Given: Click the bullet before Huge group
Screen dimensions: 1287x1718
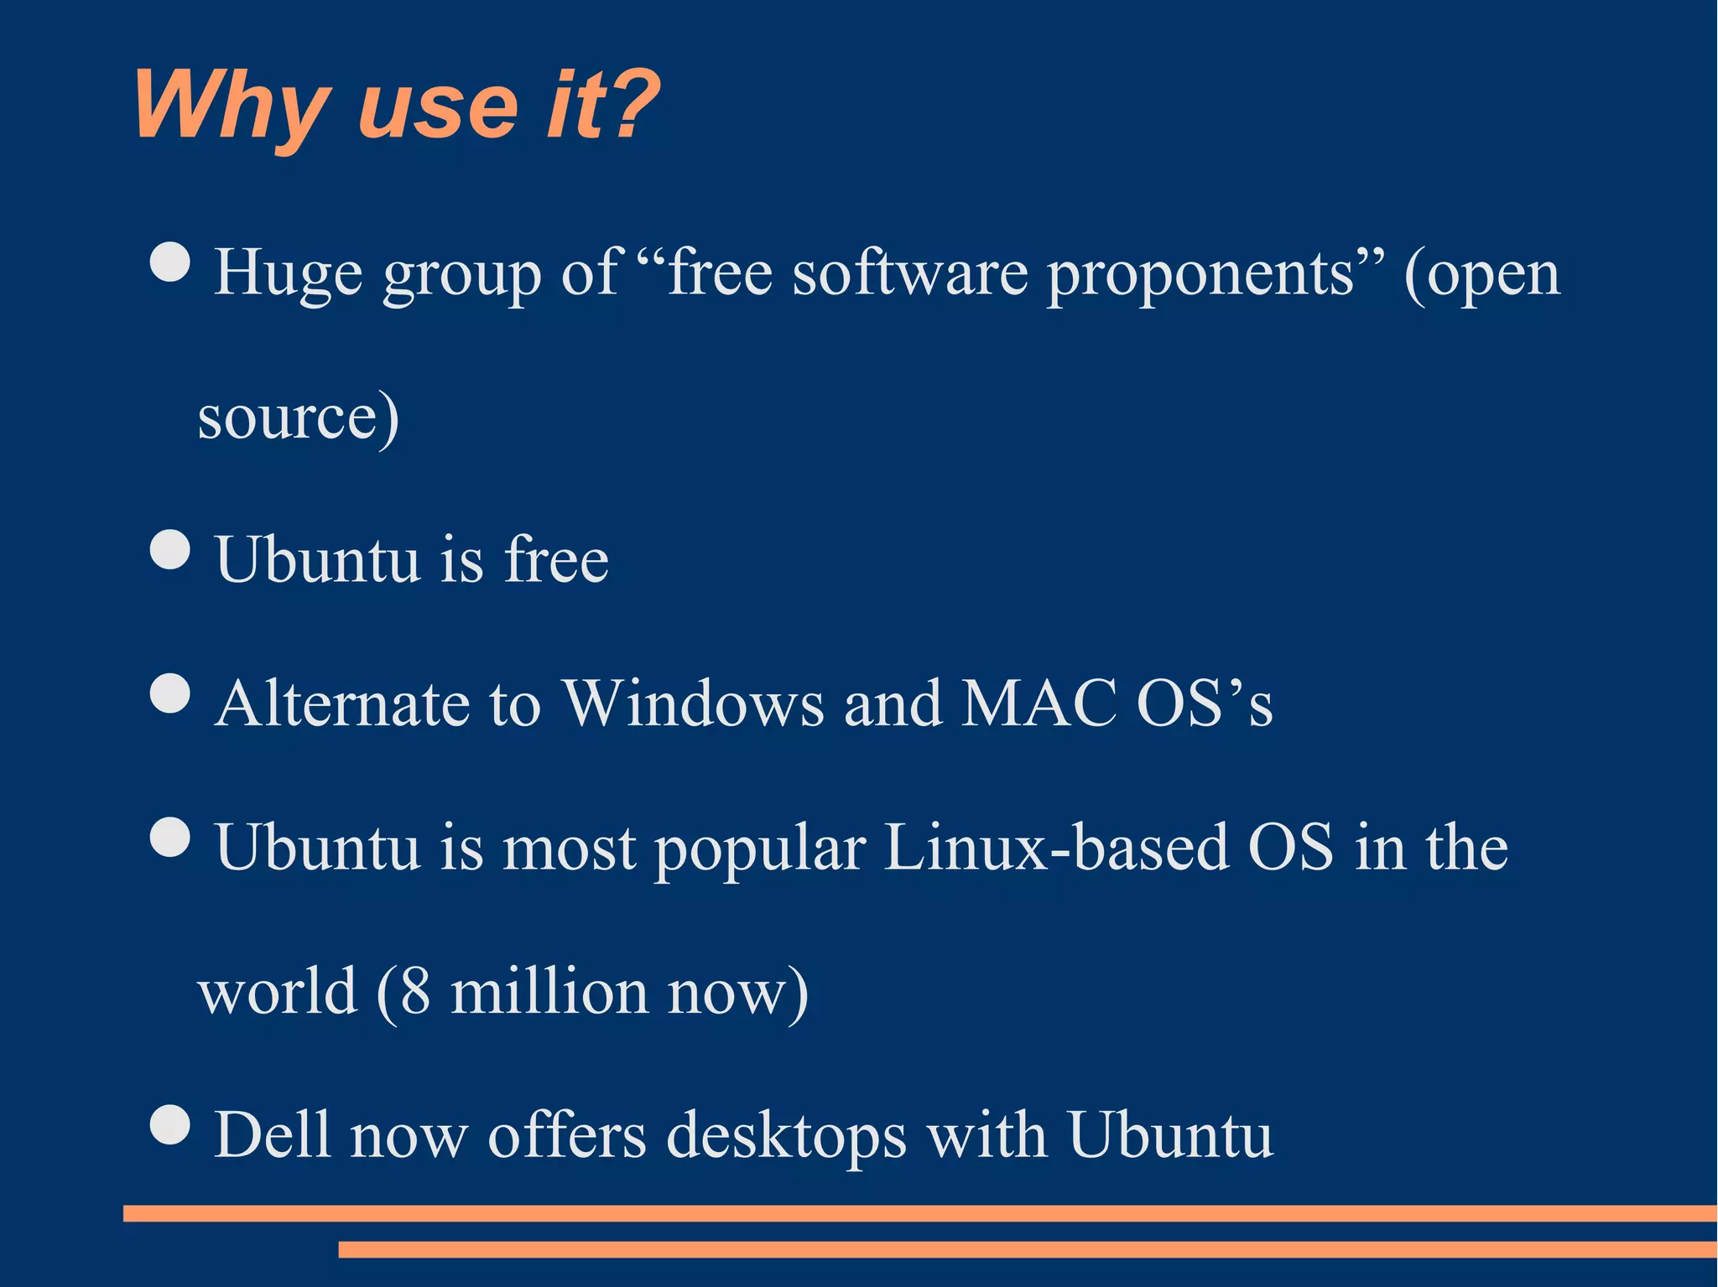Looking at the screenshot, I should [171, 262].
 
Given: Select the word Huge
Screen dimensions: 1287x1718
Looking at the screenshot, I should [288, 275].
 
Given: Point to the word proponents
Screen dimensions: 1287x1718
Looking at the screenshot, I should [1200, 275].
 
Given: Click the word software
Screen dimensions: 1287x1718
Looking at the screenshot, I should [909, 273].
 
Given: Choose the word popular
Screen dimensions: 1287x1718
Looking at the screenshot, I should [760, 849].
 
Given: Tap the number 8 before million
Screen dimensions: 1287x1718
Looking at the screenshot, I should [415, 992].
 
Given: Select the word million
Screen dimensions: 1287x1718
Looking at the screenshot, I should [549, 992].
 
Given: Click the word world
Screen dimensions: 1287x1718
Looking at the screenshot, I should [278, 992].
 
